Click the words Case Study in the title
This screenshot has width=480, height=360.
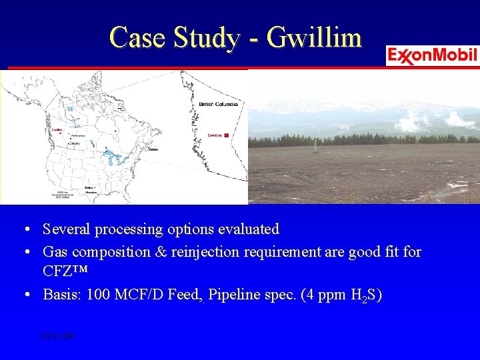click(173, 37)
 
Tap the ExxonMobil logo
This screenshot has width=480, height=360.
click(432, 55)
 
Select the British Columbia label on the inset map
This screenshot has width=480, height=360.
click(218, 105)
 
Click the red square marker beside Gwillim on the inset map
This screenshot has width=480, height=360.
click(226, 135)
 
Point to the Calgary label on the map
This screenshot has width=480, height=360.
click(73, 143)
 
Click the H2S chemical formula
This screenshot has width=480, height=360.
click(361, 295)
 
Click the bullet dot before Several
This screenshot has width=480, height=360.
click(24, 230)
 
